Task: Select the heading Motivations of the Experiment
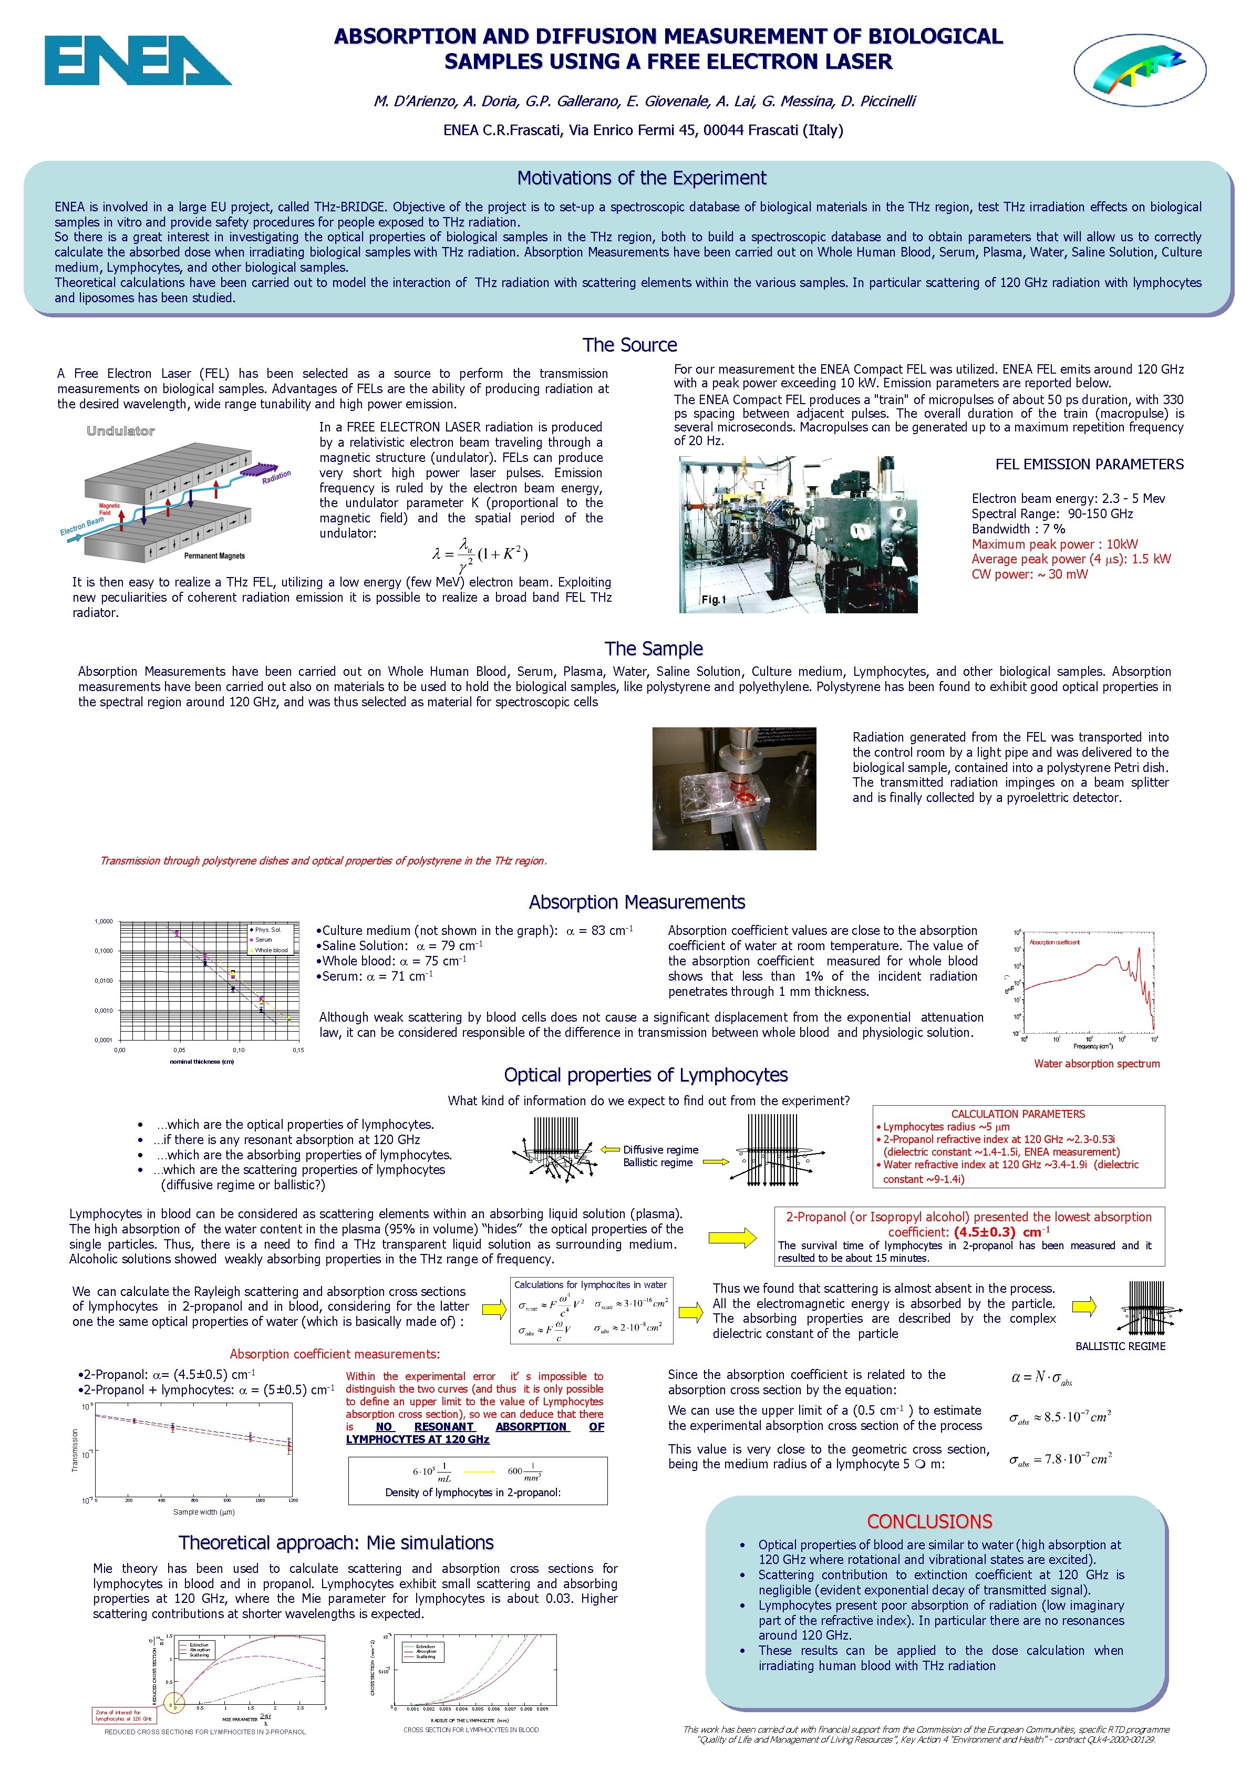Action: pos(642,178)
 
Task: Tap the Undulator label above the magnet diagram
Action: pos(120,431)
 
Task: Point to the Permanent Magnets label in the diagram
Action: pos(214,556)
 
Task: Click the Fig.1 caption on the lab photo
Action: pos(713,600)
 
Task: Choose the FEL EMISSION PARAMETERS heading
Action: pos(1089,464)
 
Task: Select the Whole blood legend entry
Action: pos(271,950)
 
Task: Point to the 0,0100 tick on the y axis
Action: pos(104,981)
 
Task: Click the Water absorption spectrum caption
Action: pos(1096,1064)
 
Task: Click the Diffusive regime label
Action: pos(660,1149)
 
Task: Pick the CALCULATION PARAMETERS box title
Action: pos(1017,1114)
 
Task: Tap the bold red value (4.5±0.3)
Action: pos(984,1232)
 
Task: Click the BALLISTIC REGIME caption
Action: pos(1120,1346)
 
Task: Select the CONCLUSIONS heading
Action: pos(929,1522)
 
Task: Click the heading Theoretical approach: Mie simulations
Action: pos(336,1542)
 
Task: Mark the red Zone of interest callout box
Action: pos(123,1715)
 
